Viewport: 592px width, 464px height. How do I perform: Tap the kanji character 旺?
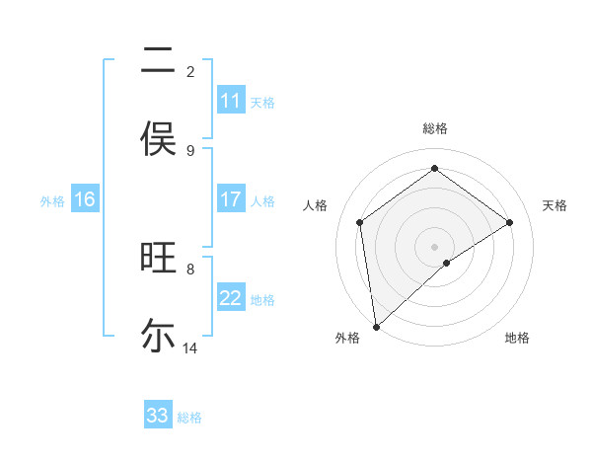tap(158, 259)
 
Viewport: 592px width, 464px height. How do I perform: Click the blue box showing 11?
tap(231, 101)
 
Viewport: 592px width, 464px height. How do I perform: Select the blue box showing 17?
tap(231, 199)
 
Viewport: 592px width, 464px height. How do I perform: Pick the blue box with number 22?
tap(231, 298)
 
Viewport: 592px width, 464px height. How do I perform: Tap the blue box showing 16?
tap(85, 199)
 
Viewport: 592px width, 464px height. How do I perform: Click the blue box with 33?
tap(158, 416)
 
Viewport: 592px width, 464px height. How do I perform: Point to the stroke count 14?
tap(190, 348)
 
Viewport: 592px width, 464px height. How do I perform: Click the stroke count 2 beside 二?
tap(190, 71)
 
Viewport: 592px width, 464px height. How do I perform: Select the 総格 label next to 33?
tap(189, 418)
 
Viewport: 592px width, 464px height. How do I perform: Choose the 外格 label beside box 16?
tap(52, 201)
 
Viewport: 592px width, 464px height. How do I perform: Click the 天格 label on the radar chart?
tap(555, 205)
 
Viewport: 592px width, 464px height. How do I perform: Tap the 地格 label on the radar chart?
tap(517, 338)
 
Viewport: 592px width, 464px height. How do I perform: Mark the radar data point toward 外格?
tap(375, 326)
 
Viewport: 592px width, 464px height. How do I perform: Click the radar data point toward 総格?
tap(434, 169)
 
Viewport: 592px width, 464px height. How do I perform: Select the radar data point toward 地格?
tap(447, 263)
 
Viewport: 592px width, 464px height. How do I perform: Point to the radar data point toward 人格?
tap(360, 222)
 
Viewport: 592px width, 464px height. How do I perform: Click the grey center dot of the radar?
tap(434, 246)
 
